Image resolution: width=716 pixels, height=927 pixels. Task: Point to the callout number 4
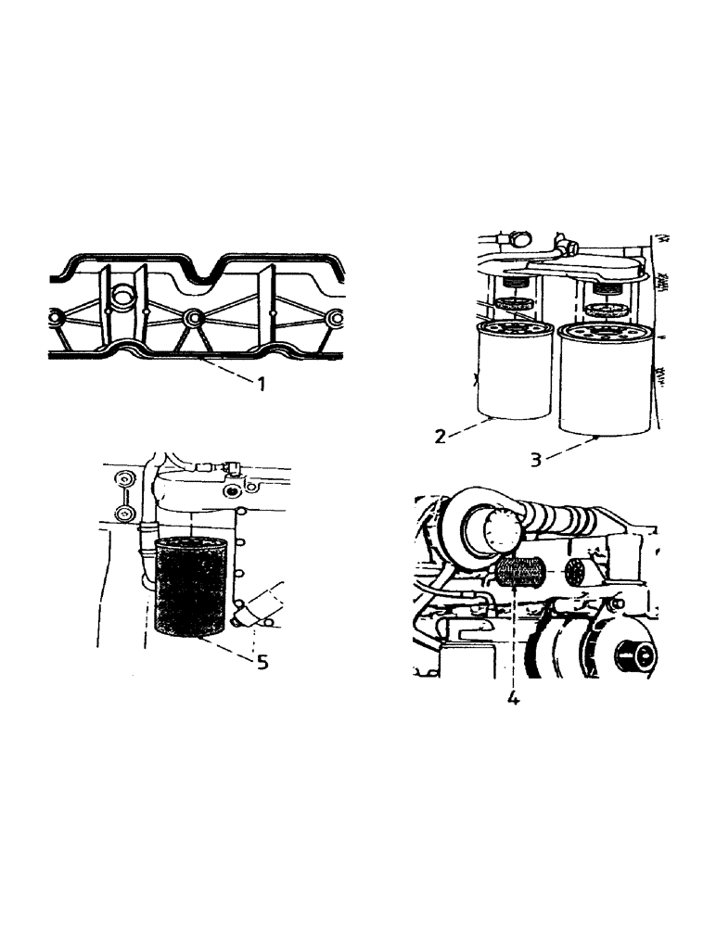[x=513, y=698]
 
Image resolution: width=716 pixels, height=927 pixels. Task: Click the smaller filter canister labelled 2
[x=513, y=371]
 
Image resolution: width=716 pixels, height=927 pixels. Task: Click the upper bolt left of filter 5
[x=121, y=480]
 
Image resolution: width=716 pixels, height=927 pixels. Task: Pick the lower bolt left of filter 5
[x=121, y=513]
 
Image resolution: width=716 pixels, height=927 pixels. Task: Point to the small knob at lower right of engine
[x=637, y=661]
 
